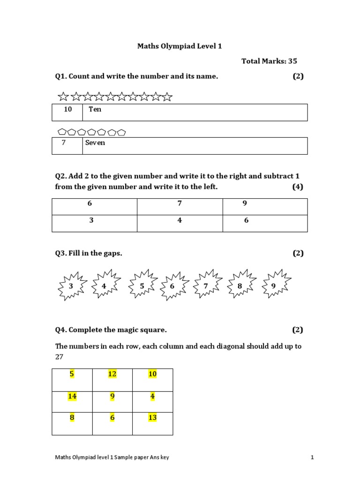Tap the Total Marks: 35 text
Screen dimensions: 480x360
pos(269,61)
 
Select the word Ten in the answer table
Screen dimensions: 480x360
pos(95,109)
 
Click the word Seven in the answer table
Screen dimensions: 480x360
pos(95,142)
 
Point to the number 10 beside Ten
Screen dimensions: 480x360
pos(68,109)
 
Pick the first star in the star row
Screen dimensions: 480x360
pos(63,97)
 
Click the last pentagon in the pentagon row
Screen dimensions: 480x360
pos(121,133)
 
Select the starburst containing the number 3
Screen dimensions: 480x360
pos(71,285)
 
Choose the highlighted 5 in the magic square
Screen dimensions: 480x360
pos(72,374)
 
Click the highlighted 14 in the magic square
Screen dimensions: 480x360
pos(72,396)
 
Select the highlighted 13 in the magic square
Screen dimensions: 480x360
pos(152,418)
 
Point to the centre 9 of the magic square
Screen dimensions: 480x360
pos(112,396)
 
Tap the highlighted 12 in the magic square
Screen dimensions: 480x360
pos(112,374)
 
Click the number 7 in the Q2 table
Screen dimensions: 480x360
pos(179,203)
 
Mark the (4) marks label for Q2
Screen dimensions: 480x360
pos(298,187)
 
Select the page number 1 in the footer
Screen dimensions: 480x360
pos(312,457)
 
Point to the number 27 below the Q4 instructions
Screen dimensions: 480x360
pos(60,357)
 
